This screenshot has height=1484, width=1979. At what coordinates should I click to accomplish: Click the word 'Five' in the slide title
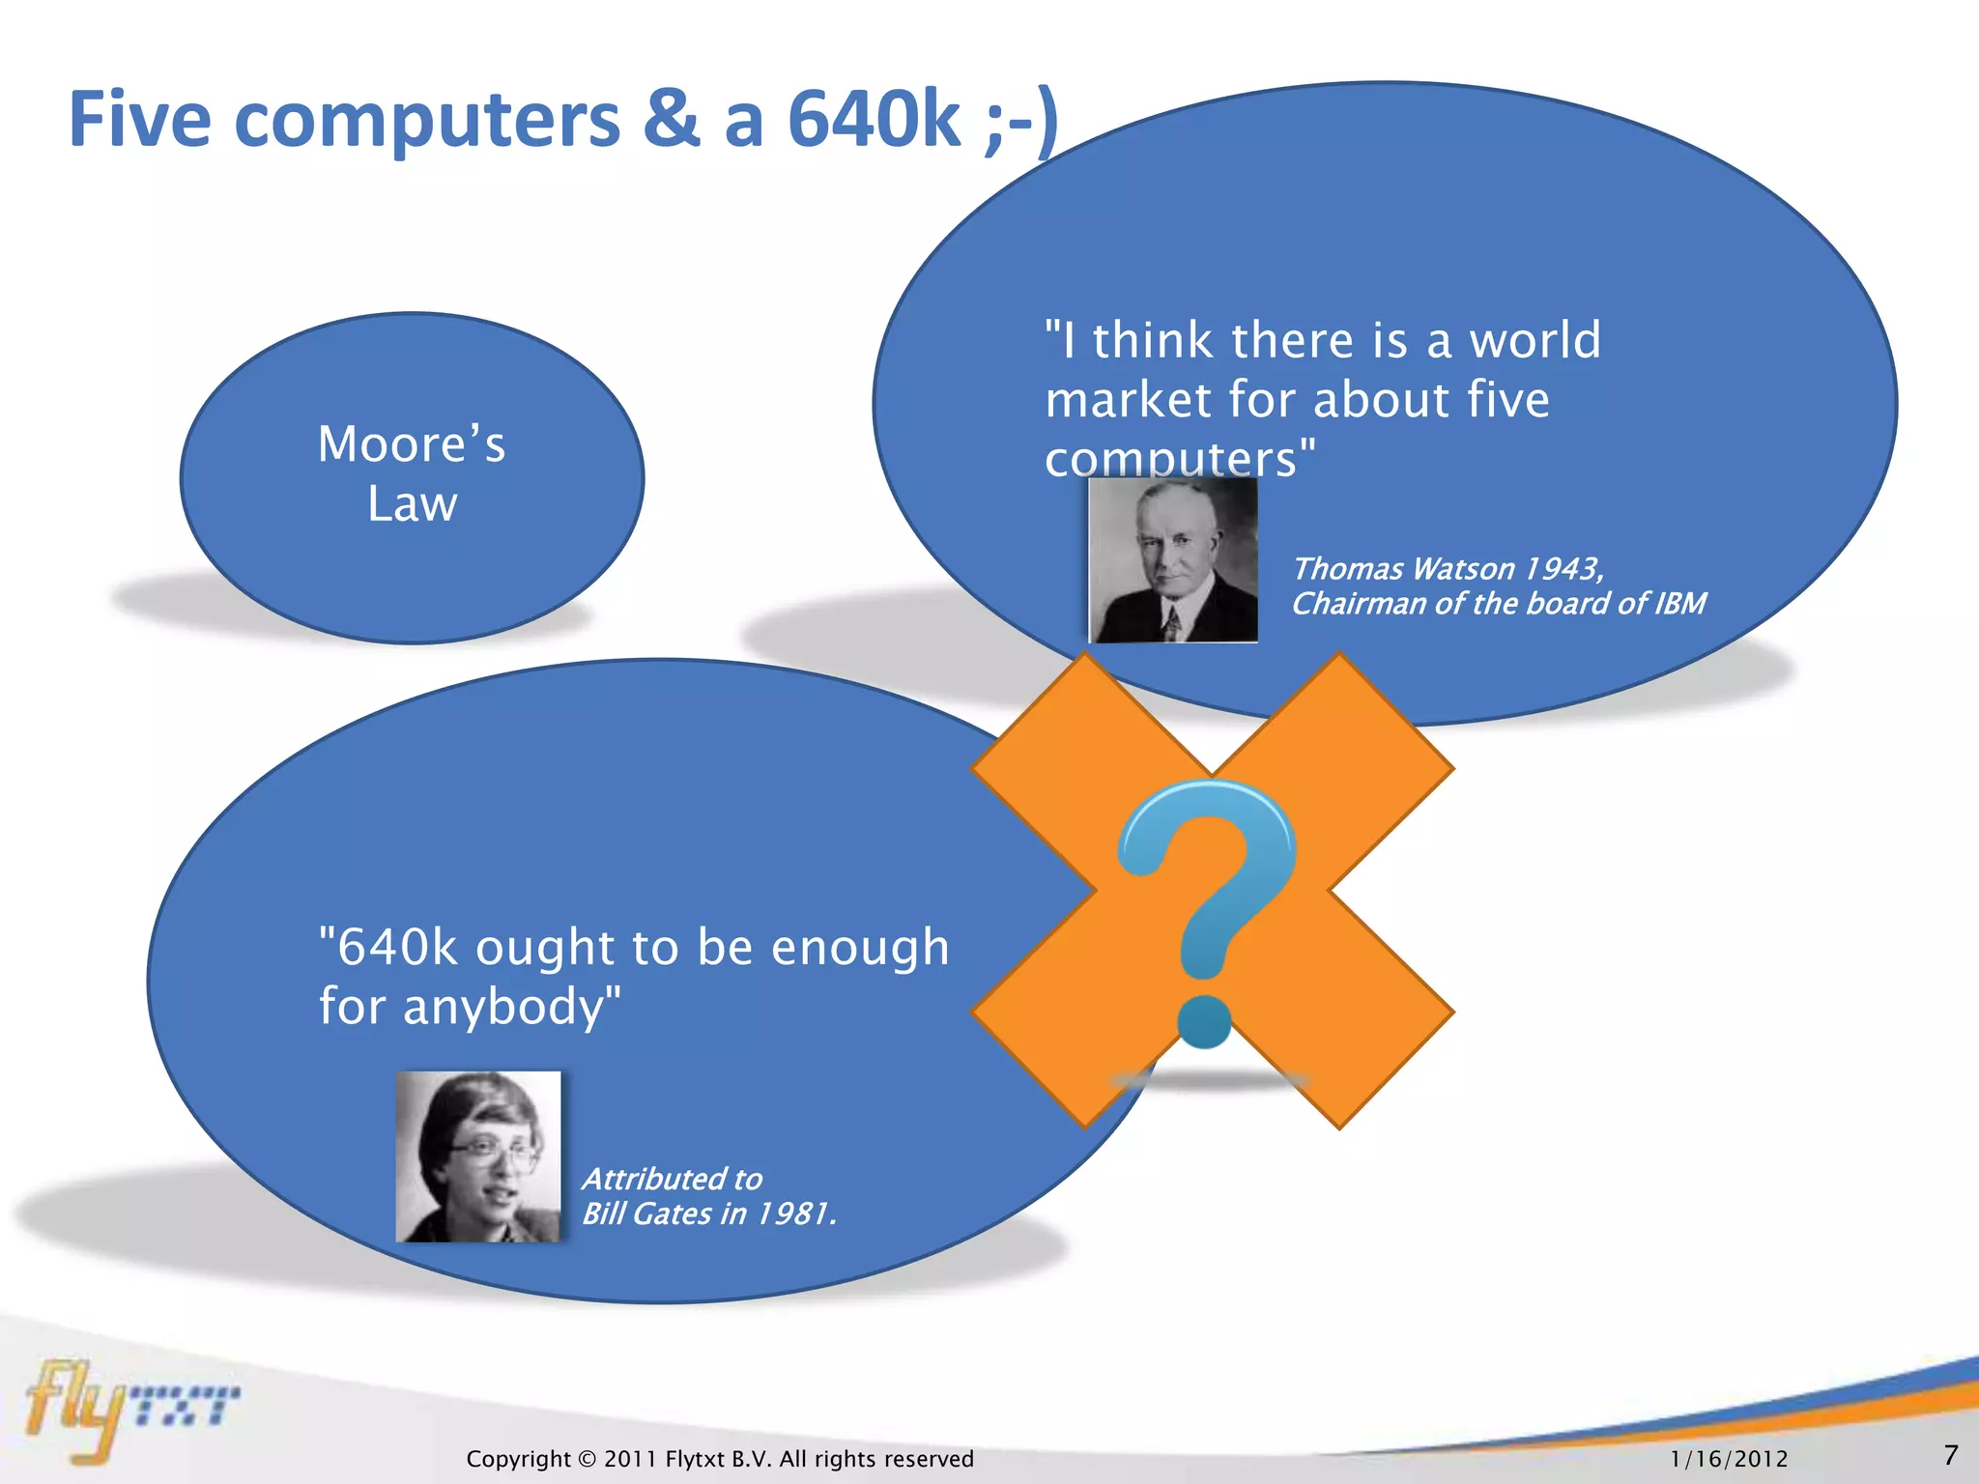click(x=139, y=120)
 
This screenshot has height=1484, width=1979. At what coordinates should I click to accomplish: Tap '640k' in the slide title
click(x=874, y=120)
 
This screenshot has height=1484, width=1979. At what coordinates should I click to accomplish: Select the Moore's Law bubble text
click(x=412, y=473)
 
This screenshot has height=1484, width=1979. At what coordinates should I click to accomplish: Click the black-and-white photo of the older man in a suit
click(x=1173, y=560)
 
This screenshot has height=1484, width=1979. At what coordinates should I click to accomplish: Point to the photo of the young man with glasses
click(x=478, y=1156)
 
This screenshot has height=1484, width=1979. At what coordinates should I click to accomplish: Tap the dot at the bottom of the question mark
click(x=1204, y=1022)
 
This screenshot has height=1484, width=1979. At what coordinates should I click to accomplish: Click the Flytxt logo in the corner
click(x=130, y=1406)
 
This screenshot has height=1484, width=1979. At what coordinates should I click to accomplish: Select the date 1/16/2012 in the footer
click(x=1729, y=1459)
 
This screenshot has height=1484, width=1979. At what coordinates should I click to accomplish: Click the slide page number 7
click(x=1950, y=1455)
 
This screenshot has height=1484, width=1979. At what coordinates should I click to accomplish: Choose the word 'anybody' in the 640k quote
click(x=502, y=1007)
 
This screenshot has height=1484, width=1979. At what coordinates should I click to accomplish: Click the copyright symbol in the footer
click(x=587, y=1459)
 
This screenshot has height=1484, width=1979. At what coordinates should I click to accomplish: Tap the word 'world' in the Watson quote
click(x=1534, y=340)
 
